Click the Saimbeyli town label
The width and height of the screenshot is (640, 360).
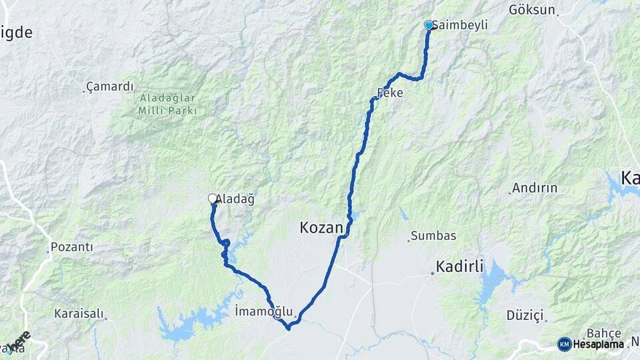[x=461, y=25]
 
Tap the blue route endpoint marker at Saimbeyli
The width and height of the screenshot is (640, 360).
[x=429, y=25]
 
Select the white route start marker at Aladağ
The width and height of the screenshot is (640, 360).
[x=213, y=198]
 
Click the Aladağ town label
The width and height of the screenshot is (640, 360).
[x=235, y=199]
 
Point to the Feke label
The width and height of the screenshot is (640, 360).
[x=391, y=94]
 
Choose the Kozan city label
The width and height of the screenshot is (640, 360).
[x=321, y=229]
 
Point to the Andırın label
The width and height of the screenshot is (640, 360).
[x=535, y=188]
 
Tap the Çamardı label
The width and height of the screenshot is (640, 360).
[x=111, y=87]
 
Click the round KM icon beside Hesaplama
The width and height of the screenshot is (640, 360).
[x=564, y=344]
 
